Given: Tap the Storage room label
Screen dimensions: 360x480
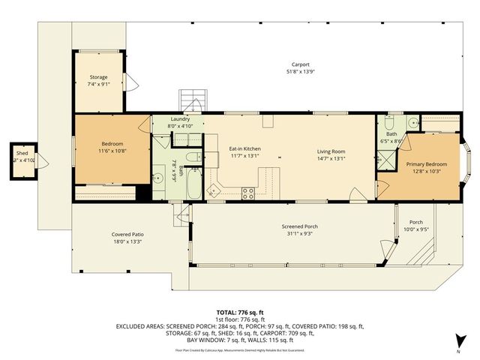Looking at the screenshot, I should (97, 77).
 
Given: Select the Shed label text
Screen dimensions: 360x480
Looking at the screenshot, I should (22, 153).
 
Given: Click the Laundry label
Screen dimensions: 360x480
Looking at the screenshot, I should (180, 119).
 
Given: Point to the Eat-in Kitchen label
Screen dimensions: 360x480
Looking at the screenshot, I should (244, 149).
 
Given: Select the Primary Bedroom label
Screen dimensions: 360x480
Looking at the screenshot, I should (426, 163).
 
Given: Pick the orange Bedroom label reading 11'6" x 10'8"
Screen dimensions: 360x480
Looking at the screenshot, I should (112, 151).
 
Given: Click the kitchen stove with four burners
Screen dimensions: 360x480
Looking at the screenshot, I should (248, 193).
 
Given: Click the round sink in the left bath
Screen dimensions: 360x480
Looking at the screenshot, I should (159, 178).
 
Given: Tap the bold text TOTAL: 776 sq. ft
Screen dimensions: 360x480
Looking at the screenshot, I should (239, 312).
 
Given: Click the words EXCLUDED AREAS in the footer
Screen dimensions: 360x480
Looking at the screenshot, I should (142, 327).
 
